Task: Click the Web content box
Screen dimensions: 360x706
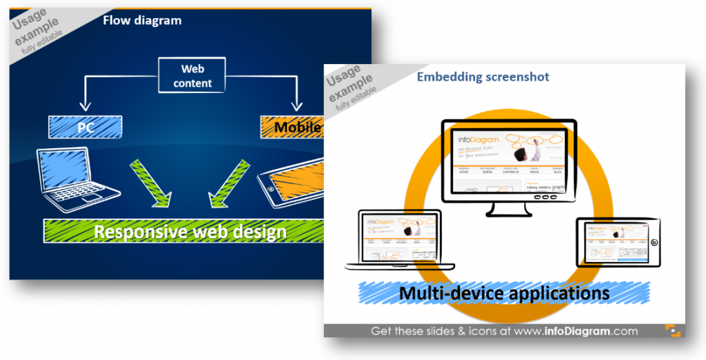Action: point(192,76)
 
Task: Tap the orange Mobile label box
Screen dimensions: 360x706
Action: point(292,126)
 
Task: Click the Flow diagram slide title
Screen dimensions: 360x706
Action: point(142,20)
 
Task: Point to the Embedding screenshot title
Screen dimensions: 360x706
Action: point(483,77)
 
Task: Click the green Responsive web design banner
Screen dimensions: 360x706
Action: point(186,230)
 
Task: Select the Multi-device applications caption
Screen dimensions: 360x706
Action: point(503,293)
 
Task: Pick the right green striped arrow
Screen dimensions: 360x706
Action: point(228,185)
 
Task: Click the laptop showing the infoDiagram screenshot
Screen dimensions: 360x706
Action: point(400,239)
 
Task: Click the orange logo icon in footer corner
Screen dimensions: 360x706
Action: point(672,331)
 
